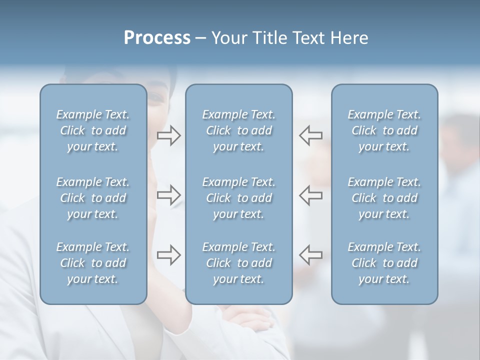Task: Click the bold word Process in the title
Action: click(x=157, y=38)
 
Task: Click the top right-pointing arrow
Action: click(x=168, y=135)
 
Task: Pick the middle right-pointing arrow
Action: click(x=168, y=195)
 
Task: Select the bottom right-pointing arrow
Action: click(x=168, y=255)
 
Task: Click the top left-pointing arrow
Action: click(x=311, y=135)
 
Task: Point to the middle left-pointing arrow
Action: click(x=311, y=195)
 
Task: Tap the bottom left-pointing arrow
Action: click(x=311, y=255)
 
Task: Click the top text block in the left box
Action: click(x=93, y=130)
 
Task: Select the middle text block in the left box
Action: click(x=93, y=198)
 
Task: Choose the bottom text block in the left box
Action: click(x=93, y=263)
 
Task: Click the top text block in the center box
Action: click(x=238, y=130)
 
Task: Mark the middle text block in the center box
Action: click(x=238, y=198)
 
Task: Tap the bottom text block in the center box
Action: click(x=238, y=263)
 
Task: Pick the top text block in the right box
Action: click(x=384, y=130)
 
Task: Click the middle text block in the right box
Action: click(x=384, y=198)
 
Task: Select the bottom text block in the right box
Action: click(x=384, y=263)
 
